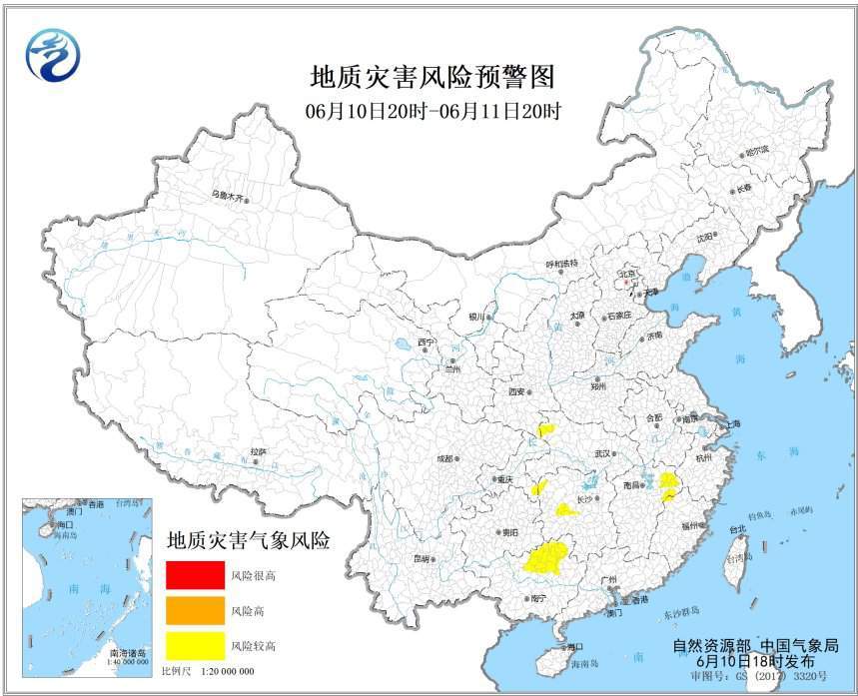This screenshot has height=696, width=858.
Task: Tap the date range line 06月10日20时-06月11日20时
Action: [432, 111]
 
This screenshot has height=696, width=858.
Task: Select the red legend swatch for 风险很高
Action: [195, 576]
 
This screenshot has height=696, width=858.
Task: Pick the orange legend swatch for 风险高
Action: [195, 610]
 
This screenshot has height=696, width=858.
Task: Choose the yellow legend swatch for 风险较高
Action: [195, 645]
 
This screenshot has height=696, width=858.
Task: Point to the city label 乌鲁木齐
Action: [227, 196]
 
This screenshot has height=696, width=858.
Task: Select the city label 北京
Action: [627, 272]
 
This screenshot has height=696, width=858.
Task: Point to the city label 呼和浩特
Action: [561, 264]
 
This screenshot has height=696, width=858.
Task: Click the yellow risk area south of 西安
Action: [546, 430]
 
